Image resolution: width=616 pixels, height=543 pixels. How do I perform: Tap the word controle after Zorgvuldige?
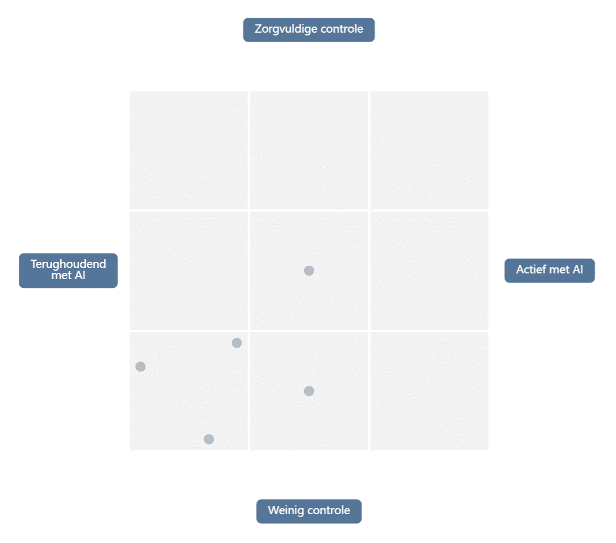[342, 29]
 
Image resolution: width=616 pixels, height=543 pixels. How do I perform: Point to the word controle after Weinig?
[329, 510]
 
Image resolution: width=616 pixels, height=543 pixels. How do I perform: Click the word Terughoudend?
[69, 264]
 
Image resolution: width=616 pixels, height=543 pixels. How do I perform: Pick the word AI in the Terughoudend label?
[80, 275]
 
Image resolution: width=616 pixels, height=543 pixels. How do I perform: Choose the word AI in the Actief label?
[578, 270]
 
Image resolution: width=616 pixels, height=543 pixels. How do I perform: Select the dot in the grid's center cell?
[309, 271]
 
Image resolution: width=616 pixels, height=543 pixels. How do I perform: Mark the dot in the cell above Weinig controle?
[309, 391]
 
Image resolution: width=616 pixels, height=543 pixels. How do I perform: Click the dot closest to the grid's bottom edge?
[209, 439]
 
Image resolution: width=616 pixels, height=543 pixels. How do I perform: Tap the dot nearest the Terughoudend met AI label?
[140, 366]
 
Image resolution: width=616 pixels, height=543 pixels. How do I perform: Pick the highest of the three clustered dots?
[237, 343]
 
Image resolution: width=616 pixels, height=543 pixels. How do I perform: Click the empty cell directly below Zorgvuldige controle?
[309, 150]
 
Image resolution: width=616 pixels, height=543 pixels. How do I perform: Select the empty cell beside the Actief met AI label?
[430, 271]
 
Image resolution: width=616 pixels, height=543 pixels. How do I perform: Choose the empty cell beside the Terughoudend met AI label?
[189, 271]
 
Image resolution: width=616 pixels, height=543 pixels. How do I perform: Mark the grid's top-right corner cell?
[430, 150]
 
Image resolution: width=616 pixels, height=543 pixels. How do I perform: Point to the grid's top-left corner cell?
[189, 150]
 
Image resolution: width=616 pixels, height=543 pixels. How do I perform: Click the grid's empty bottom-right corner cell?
[430, 391]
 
